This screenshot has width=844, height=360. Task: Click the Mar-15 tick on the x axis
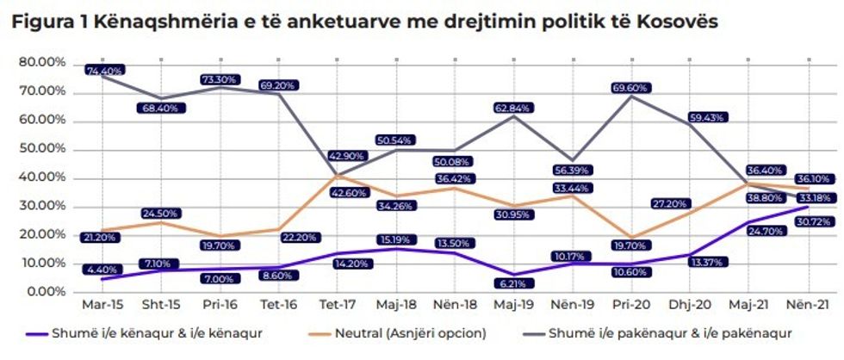(102, 304)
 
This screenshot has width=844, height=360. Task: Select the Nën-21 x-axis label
(810, 304)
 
